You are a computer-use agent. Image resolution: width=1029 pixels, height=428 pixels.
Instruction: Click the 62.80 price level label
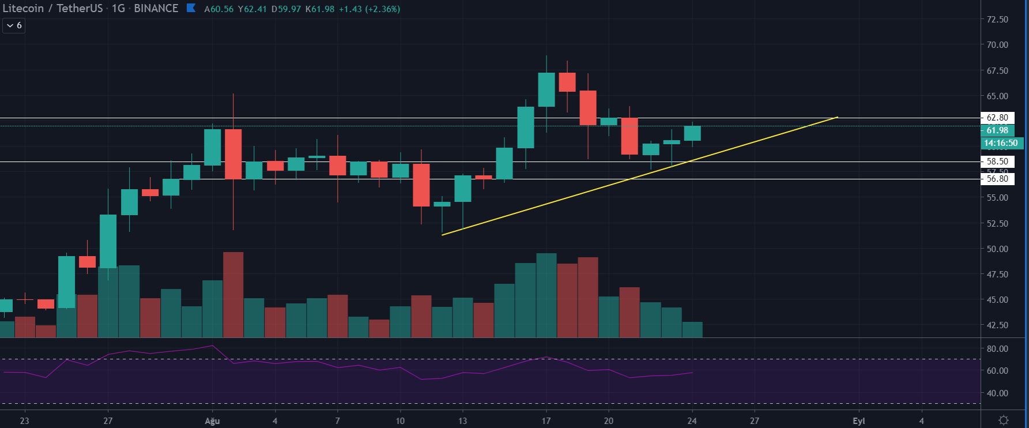[x=997, y=118]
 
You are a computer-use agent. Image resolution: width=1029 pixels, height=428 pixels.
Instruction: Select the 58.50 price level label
[x=997, y=162]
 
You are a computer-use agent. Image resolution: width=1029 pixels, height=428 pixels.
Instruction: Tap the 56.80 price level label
[x=997, y=179]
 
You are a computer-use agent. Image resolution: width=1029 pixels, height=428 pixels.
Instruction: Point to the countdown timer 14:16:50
[x=1001, y=143]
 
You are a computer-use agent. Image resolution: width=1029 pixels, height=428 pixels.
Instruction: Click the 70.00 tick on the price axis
[x=997, y=45]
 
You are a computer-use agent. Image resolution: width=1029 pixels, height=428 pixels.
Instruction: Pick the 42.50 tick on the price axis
[x=997, y=325]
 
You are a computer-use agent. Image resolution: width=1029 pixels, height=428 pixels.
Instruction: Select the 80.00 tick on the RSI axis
[x=997, y=349]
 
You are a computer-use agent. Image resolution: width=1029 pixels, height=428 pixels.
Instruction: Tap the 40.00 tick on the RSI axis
[x=997, y=393]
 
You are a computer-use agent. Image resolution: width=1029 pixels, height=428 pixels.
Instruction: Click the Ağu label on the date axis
[x=212, y=421]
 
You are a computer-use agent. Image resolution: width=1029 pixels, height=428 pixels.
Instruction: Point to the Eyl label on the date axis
[x=859, y=421]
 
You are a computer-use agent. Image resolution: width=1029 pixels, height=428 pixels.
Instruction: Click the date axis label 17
[x=546, y=421]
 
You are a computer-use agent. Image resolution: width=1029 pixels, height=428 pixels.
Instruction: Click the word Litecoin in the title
[x=23, y=9]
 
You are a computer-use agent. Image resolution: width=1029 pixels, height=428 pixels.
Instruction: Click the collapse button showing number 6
[x=14, y=25]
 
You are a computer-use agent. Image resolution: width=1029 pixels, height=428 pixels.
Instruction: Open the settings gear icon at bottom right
[x=1004, y=420]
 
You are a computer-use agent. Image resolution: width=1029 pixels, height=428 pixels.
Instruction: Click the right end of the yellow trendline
[x=836, y=118]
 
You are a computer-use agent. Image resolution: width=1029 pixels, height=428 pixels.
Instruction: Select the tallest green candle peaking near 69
[x=546, y=89]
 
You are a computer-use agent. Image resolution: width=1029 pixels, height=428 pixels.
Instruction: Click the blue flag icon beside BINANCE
[x=191, y=9]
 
